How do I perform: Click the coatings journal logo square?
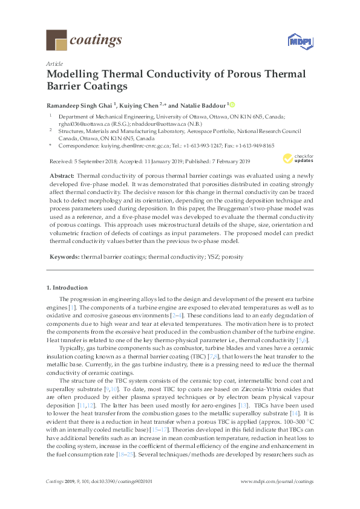point(57,41)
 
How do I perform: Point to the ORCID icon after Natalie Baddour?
point(233,105)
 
